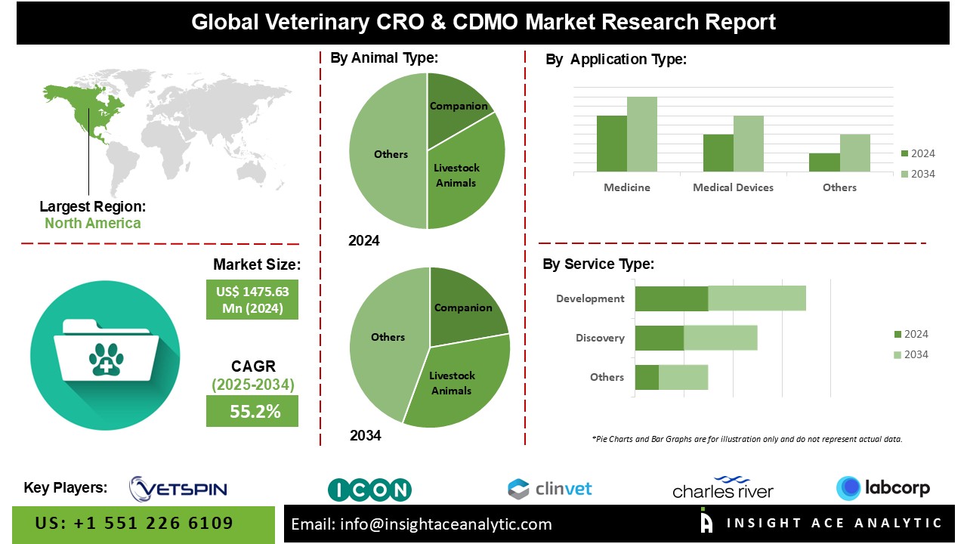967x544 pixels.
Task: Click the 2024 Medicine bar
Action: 611,144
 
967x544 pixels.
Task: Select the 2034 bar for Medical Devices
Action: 748,144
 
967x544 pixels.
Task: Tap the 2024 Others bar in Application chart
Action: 824,162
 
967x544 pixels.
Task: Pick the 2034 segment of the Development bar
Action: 756,298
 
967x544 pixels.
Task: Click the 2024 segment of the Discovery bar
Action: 659,338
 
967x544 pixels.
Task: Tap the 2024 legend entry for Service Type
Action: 910,334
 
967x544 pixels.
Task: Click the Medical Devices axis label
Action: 733,187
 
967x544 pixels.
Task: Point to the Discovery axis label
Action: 600,338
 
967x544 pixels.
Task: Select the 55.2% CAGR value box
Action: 252,412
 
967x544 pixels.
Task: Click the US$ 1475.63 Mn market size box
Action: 252,299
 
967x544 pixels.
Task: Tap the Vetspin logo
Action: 178,489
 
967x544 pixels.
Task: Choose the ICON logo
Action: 369,490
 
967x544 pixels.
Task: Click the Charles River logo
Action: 723,488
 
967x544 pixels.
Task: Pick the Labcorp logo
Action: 882,488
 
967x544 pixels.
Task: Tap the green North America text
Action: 92,223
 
